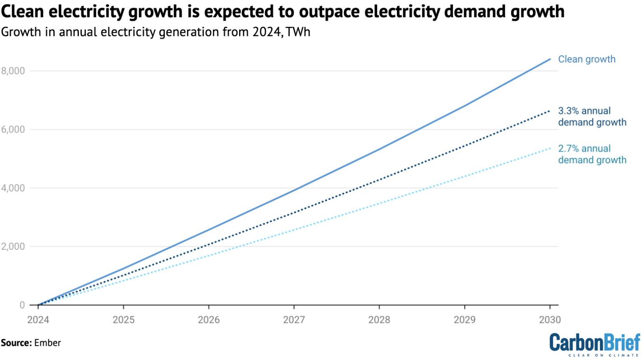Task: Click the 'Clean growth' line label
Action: point(586,59)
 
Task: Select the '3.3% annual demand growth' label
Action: point(592,116)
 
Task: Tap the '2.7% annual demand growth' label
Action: point(592,154)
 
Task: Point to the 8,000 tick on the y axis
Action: point(13,71)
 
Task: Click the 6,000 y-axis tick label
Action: point(13,130)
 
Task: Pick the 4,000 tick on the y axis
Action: point(13,188)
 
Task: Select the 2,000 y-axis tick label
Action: point(13,247)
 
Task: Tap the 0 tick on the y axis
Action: point(22,305)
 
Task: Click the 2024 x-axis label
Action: point(38,320)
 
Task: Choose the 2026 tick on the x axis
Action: point(209,320)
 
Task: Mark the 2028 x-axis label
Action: point(379,320)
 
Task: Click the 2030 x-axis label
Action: point(550,320)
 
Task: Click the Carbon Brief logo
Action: point(594,344)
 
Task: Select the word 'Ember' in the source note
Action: point(48,343)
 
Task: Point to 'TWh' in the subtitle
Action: point(298,32)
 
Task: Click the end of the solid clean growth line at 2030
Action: point(550,59)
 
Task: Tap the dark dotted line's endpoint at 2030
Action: point(550,111)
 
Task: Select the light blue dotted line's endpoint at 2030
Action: point(550,148)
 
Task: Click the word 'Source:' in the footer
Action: point(16,343)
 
